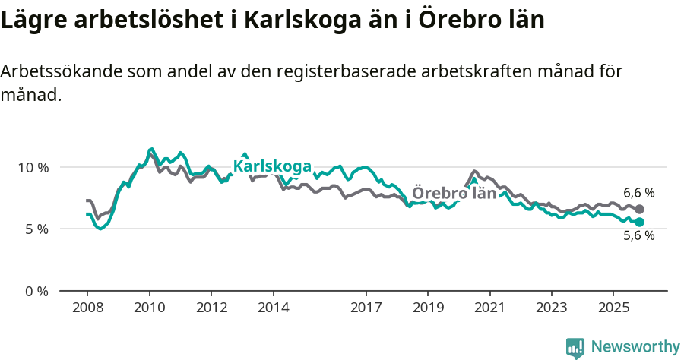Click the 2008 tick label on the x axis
[87, 308]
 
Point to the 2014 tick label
[273, 308]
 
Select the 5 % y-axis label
[36, 229]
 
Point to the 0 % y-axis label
[36, 291]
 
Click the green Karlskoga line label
[272, 166]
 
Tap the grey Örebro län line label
[454, 193]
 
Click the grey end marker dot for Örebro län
[640, 209]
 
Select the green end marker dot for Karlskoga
[640, 222]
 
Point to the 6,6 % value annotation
[638, 193]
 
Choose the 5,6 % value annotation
[638, 236]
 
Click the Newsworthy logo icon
[575, 347]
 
